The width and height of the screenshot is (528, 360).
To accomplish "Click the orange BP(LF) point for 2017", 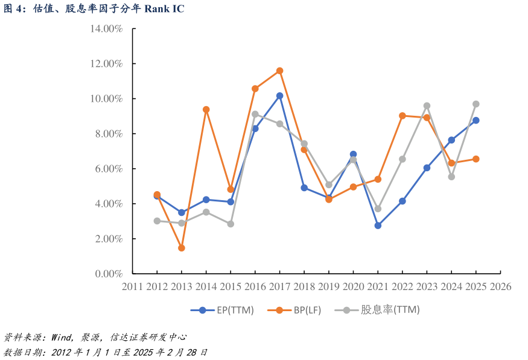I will pos(279,71).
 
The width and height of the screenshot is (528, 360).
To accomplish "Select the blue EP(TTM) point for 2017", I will pos(279,96).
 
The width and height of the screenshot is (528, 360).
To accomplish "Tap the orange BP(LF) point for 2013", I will pos(181,248).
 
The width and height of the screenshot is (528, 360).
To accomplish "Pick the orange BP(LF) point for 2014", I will pos(206,110).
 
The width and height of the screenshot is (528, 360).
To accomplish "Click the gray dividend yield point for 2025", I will pos(476,104).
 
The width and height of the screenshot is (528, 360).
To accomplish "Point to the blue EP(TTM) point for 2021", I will pos(378,226).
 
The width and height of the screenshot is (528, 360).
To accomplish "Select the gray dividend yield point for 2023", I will pos(427,106).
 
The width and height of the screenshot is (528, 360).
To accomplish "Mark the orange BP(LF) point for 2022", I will pos(402,115).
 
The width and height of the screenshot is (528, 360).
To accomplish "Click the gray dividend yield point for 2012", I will pos(157,221).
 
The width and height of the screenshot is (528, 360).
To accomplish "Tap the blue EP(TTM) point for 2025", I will pos(476,120).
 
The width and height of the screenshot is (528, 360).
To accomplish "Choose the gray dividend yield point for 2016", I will pos(255,114).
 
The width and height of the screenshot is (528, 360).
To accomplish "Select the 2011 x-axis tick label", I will pos(132,287).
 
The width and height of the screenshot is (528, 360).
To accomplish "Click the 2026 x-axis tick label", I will pos(500,287).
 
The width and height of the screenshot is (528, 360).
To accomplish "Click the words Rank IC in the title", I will pos(164,8).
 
